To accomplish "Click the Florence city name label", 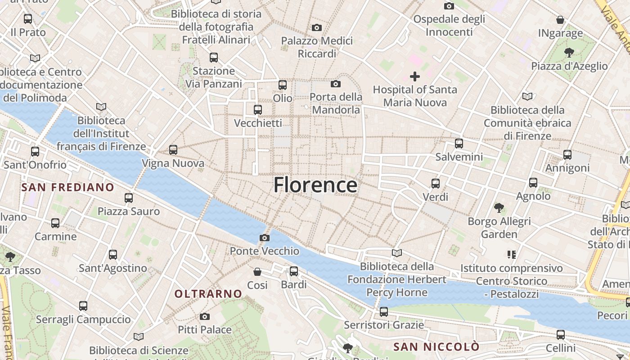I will click(x=315, y=185).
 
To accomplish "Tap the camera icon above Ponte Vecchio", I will click(x=265, y=238).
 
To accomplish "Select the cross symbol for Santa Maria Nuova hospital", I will click(x=415, y=76).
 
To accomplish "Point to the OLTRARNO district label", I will click(x=208, y=294).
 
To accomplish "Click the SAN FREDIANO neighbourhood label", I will click(x=67, y=187).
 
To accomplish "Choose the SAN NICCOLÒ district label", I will click(x=436, y=347).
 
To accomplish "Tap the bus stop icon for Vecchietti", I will click(x=258, y=110).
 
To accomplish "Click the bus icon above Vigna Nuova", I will click(x=173, y=150).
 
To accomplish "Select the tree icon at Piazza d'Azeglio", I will click(x=569, y=53).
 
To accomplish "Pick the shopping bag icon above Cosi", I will click(x=257, y=272).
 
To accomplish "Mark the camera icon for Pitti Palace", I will click(x=205, y=316).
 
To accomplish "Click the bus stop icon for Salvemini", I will click(x=459, y=144).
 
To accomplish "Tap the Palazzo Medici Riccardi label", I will click(x=317, y=47).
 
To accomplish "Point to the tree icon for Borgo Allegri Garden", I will click(x=499, y=208).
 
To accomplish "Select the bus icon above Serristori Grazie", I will click(x=384, y=311).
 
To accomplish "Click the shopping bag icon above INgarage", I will click(x=560, y=20).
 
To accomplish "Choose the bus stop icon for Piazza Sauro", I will click(x=129, y=198).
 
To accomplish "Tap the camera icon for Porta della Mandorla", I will click(x=336, y=84).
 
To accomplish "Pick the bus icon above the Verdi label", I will click(x=436, y=184).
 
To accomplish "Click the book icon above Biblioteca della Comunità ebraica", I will click(x=527, y=96).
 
